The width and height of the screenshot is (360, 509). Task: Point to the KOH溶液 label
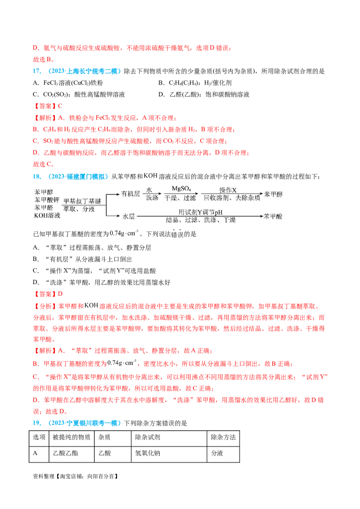click(46, 216)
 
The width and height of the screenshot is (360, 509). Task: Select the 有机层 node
click(131, 194)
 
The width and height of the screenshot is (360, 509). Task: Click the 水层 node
click(129, 216)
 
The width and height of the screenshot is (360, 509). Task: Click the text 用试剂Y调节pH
click(200, 212)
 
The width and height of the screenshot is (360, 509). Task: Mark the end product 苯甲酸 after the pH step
click(274, 216)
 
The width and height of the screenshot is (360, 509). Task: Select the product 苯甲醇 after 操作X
click(274, 194)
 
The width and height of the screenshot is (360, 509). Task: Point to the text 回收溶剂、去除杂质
click(231, 198)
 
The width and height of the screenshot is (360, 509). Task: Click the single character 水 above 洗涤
click(149, 190)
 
